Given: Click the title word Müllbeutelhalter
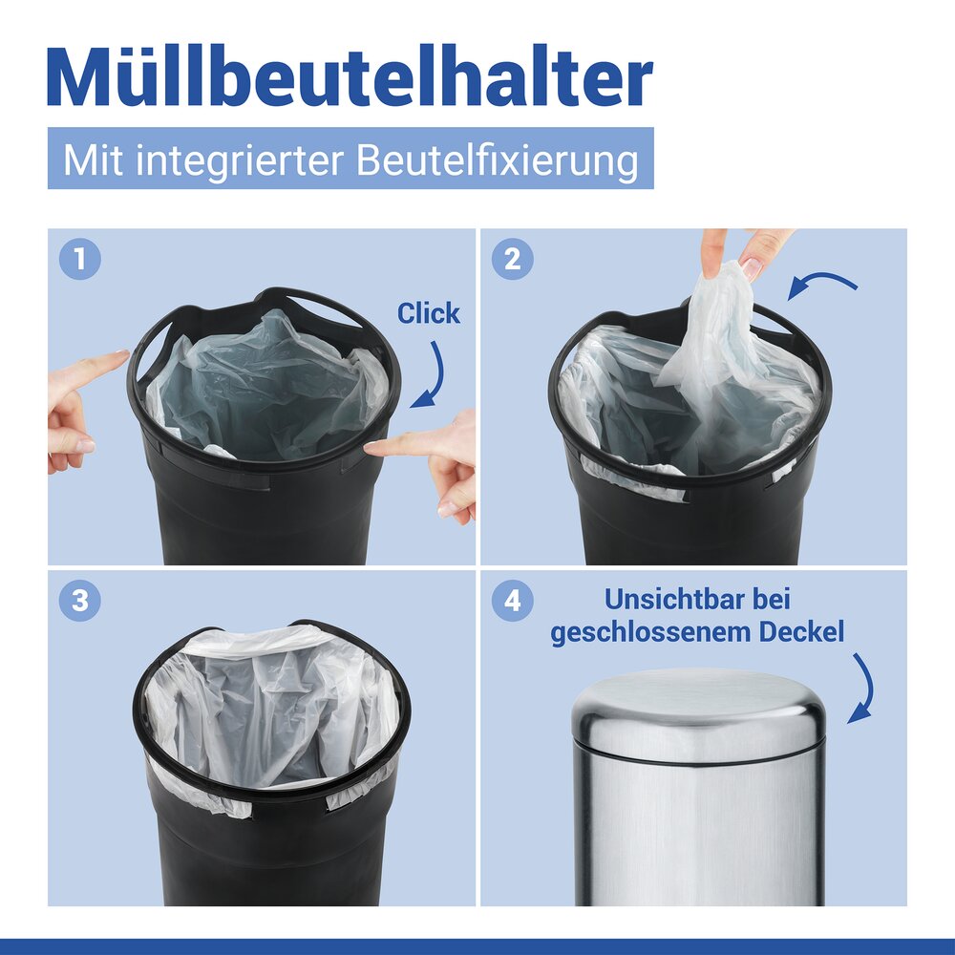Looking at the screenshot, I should coord(350,78).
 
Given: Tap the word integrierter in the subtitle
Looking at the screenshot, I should coord(243,160).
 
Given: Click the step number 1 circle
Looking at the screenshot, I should coord(79,259).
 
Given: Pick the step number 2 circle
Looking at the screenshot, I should coord(512,259).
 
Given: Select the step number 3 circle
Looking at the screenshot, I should coord(79,601).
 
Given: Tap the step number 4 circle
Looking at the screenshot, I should coord(512,601).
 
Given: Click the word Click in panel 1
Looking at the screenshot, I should coord(428,313).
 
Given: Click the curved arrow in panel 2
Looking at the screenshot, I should coord(823,281).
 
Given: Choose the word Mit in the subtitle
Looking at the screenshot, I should coord(94,159).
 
